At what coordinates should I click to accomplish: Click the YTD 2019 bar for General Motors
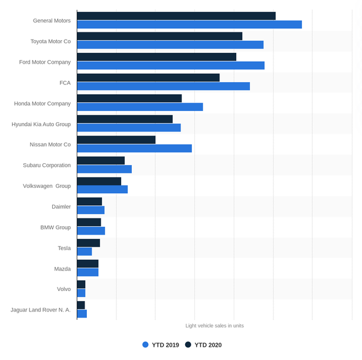(x=189, y=25)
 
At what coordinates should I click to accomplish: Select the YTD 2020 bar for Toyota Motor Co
(x=160, y=36)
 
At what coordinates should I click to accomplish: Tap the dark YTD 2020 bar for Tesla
(x=89, y=243)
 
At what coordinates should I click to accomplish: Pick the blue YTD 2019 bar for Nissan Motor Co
(x=135, y=148)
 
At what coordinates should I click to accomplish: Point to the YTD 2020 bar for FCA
(x=149, y=77)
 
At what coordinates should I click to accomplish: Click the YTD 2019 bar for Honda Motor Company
(x=140, y=107)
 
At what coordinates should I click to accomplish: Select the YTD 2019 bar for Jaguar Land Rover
(x=82, y=314)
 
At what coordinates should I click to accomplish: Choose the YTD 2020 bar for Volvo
(x=82, y=284)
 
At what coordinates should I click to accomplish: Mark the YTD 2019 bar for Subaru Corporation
(x=104, y=169)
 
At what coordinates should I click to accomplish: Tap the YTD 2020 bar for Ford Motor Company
(x=157, y=57)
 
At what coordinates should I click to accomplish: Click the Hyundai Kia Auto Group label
(x=41, y=124)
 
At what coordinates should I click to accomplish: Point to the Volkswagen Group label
(x=47, y=186)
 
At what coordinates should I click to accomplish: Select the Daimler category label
(x=61, y=206)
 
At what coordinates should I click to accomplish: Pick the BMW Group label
(x=56, y=227)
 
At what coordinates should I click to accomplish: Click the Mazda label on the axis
(x=62, y=269)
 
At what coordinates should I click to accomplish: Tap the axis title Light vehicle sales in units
(x=215, y=326)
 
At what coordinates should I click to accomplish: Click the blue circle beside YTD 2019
(x=146, y=345)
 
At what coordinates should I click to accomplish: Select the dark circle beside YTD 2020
(x=188, y=345)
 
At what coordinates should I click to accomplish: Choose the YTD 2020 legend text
(x=208, y=345)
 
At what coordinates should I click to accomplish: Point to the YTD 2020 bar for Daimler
(x=89, y=202)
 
